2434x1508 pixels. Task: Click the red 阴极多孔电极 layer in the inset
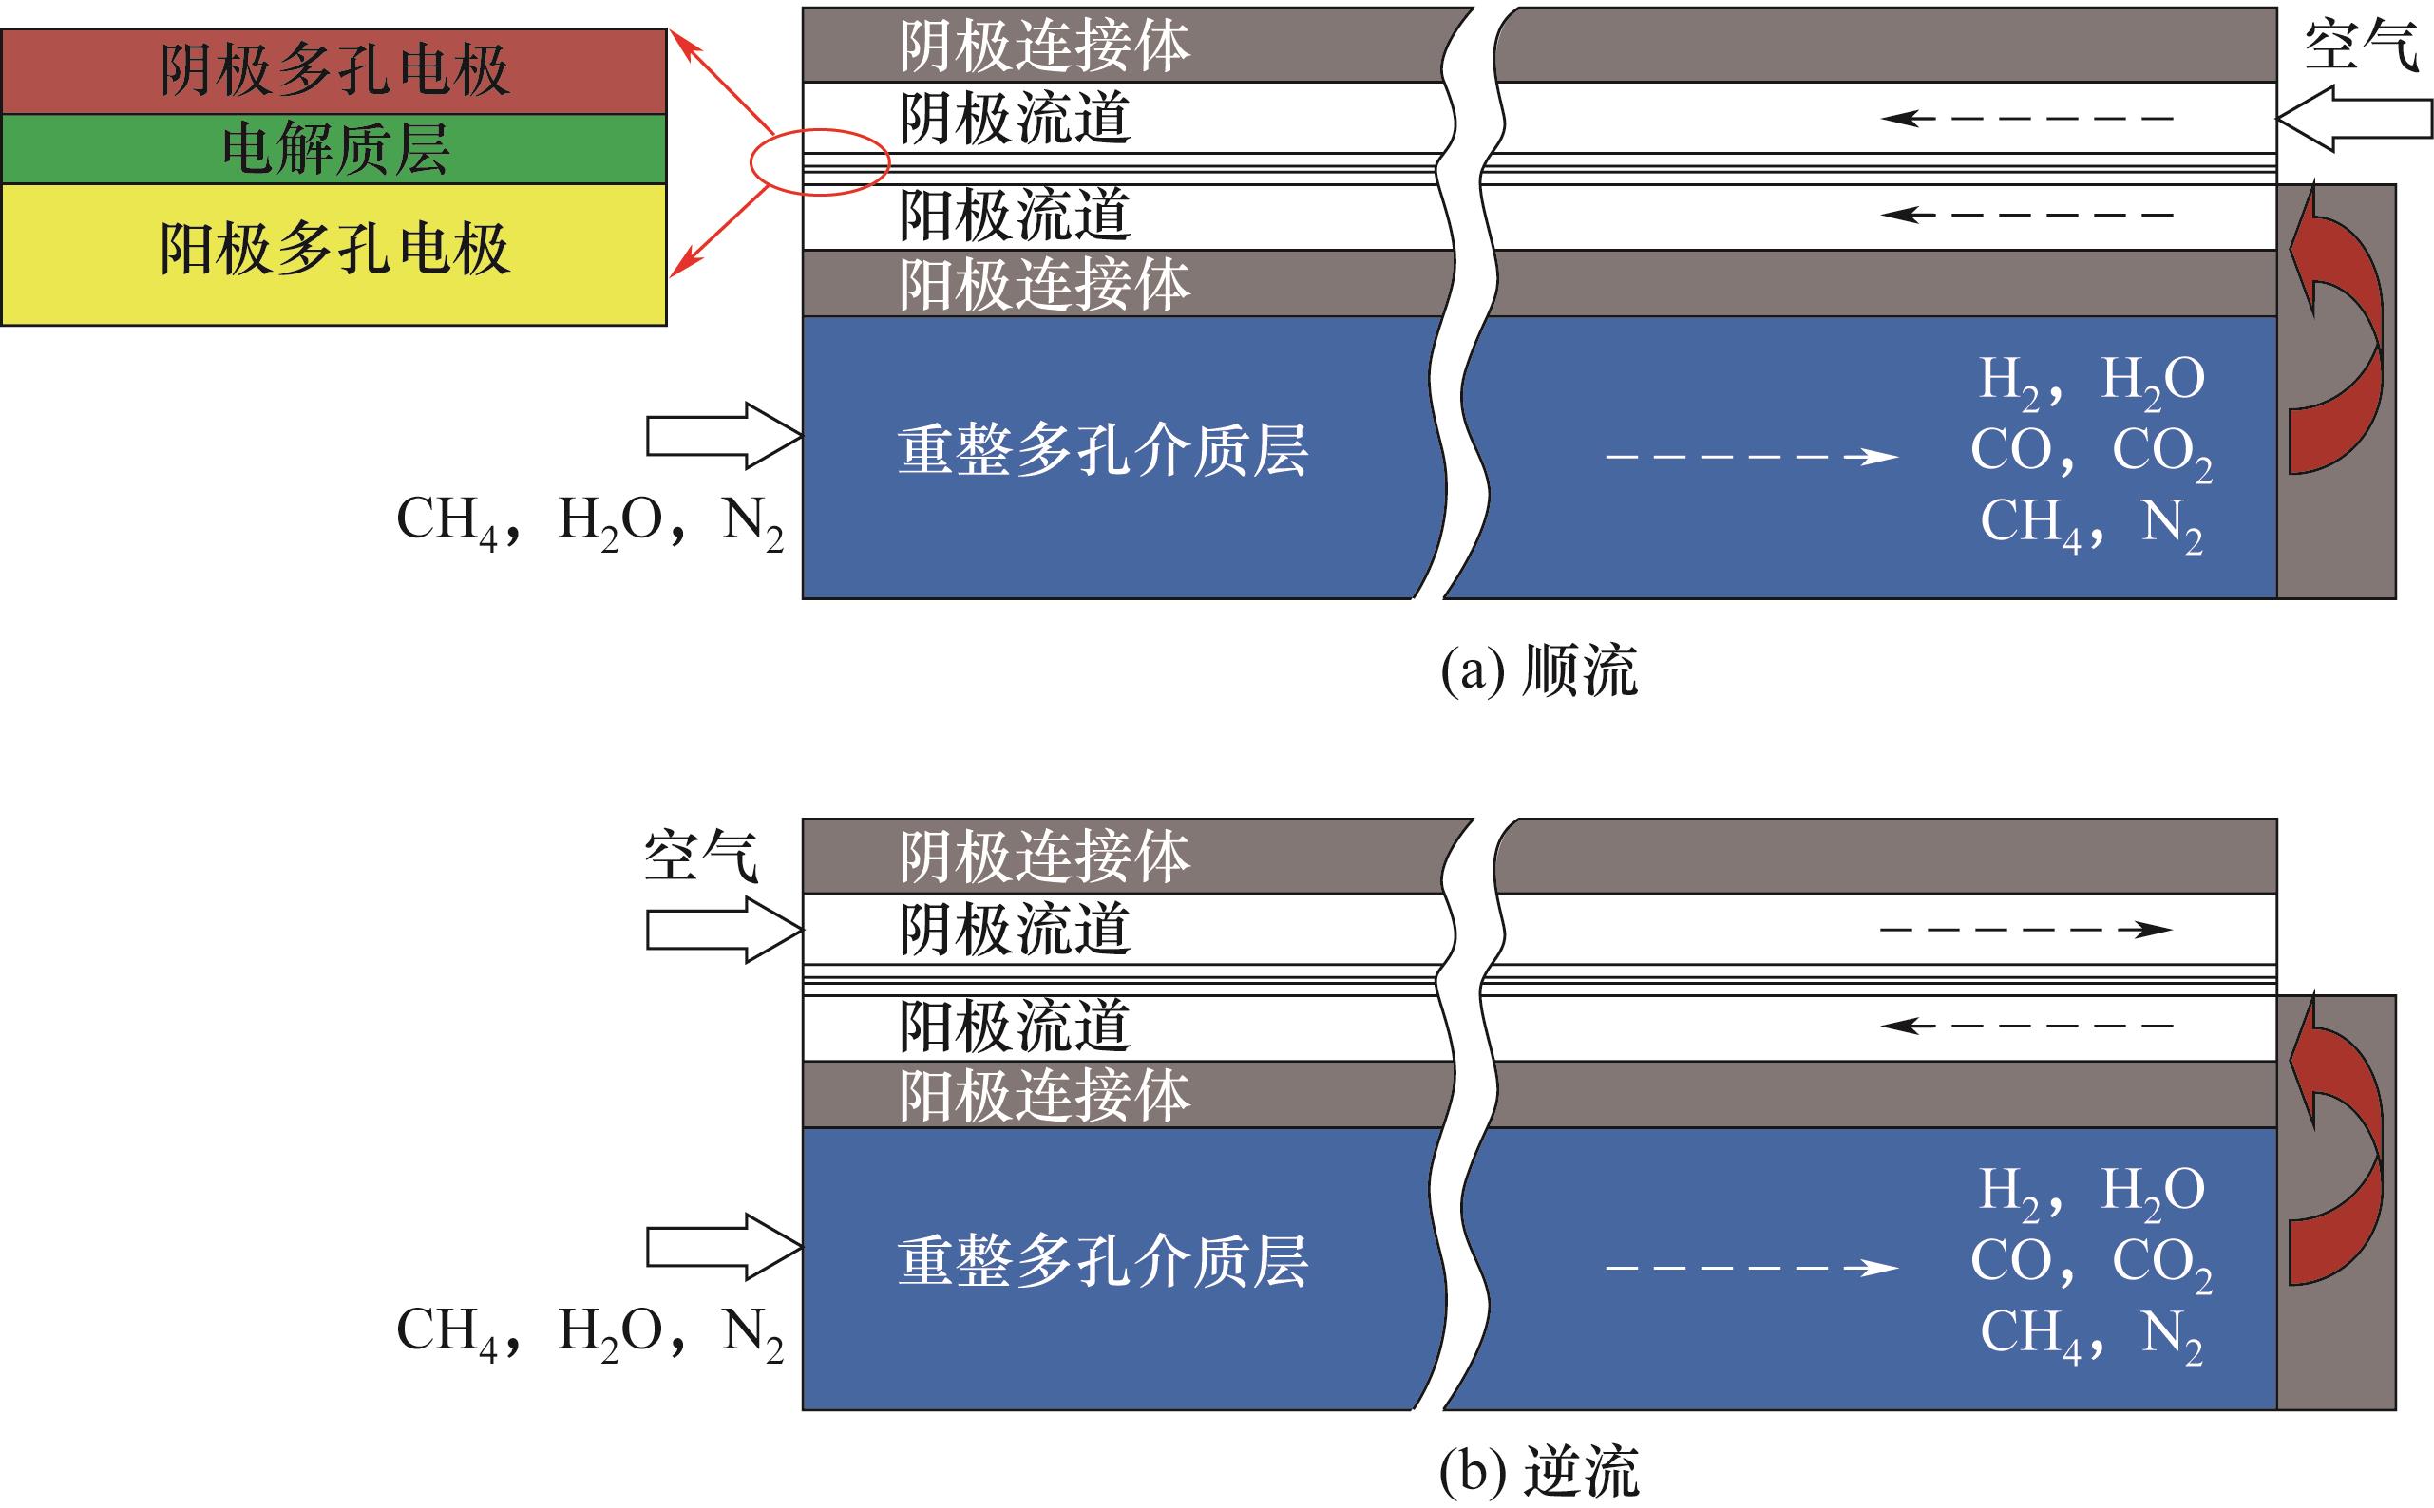click(334, 71)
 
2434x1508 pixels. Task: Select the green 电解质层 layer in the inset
click(334, 148)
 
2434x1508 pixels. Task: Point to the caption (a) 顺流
click(1538, 670)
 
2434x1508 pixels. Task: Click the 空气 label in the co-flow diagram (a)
click(2360, 46)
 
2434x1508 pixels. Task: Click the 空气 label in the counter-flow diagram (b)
click(700, 856)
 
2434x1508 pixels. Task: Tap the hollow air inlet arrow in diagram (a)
click(2354, 119)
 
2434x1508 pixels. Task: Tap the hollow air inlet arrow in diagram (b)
click(724, 930)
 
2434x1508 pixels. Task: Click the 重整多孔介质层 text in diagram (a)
click(1102, 450)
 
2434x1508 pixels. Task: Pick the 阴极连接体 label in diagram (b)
click(1044, 856)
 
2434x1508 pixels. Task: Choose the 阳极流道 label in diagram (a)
click(1015, 216)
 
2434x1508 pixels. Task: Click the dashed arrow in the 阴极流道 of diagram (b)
click(2025, 930)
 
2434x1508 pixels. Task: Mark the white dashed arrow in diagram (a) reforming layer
click(1751, 457)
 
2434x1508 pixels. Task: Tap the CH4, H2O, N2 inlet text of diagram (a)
click(590, 520)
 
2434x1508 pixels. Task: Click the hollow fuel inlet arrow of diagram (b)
click(724, 1247)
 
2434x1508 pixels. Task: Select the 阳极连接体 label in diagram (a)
click(1044, 284)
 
